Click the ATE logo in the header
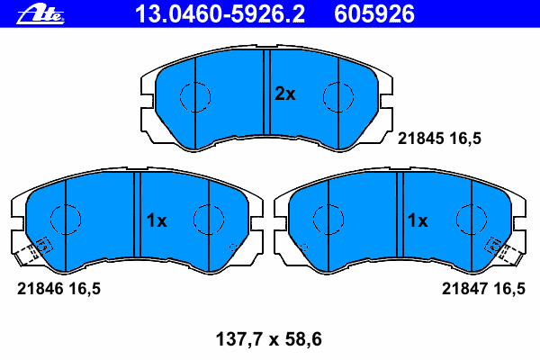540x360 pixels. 40,15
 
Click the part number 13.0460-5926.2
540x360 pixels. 220,14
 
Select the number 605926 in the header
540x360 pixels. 374,14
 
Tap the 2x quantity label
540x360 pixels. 284,94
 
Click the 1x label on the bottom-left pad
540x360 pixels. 157,220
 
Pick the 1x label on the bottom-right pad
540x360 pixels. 418,220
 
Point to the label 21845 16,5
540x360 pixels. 439,139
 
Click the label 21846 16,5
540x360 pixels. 58,289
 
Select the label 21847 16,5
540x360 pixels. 483,289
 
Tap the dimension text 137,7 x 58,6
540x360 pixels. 268,339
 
